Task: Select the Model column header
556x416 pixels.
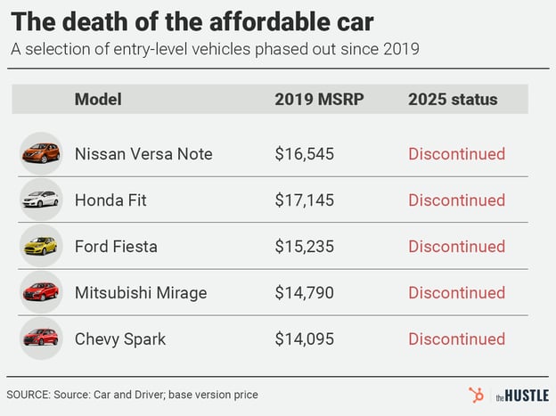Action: pyautogui.click(x=98, y=99)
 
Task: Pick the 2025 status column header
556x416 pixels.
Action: pyautogui.click(x=454, y=99)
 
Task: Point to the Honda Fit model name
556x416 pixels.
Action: pyautogui.click(x=110, y=200)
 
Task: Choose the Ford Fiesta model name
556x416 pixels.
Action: pyautogui.click(x=117, y=247)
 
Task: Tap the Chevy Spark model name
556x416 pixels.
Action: pyautogui.click(x=120, y=339)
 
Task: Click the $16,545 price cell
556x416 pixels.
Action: pyautogui.click(x=304, y=154)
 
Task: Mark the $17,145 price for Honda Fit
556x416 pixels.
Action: pyautogui.click(x=304, y=200)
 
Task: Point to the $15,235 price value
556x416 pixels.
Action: pyautogui.click(x=304, y=247)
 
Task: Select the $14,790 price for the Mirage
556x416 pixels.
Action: pyautogui.click(x=304, y=293)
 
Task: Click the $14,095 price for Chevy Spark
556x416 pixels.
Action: pyautogui.click(x=304, y=339)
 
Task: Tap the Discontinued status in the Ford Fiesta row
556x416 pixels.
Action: pyautogui.click(x=456, y=247)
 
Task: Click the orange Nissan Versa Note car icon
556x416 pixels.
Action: pyautogui.click(x=41, y=154)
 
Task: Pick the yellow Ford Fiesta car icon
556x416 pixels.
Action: pyautogui.click(x=41, y=247)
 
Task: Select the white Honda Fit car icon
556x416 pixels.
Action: pyautogui.click(x=41, y=200)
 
